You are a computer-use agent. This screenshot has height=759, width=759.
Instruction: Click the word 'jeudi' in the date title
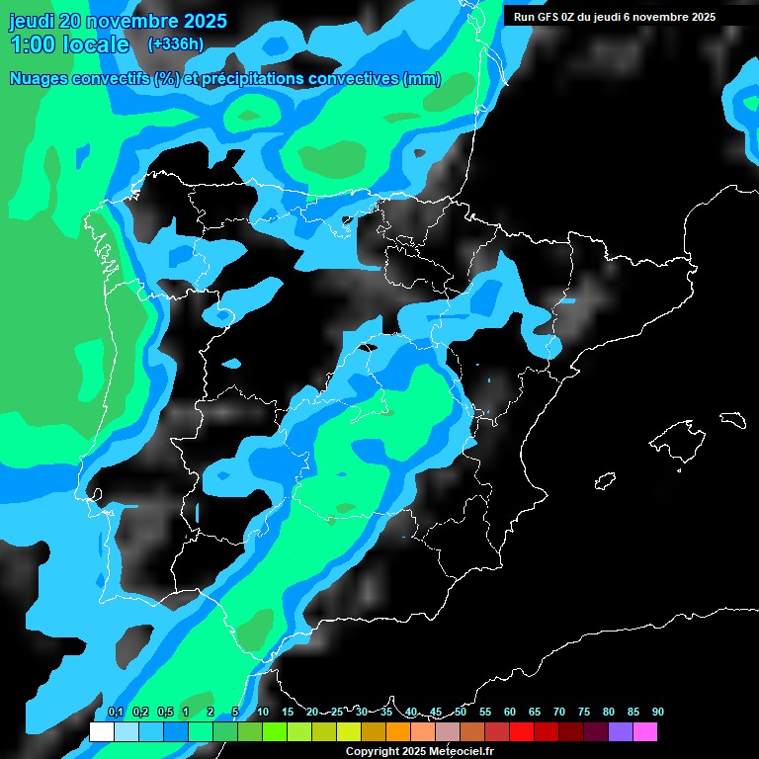34,21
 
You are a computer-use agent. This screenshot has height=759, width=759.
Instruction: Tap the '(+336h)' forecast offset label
175,43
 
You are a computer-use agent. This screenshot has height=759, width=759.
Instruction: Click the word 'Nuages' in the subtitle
41,79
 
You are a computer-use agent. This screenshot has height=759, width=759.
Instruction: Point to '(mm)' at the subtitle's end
422,79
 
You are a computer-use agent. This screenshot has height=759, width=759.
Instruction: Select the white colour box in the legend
101,732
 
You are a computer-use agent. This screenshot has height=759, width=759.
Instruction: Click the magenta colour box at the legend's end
645,732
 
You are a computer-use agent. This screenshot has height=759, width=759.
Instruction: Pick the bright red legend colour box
522,732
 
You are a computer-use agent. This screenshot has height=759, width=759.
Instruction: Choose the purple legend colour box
621,732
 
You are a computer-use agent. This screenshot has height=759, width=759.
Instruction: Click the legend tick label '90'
657,713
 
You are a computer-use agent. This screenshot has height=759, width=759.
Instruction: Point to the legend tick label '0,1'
115,713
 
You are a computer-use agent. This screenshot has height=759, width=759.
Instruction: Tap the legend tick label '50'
461,713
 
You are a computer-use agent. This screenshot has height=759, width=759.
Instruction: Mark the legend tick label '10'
263,713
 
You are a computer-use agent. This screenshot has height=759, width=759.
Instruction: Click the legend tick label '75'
584,713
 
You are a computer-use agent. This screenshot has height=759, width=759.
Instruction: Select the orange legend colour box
398,732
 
